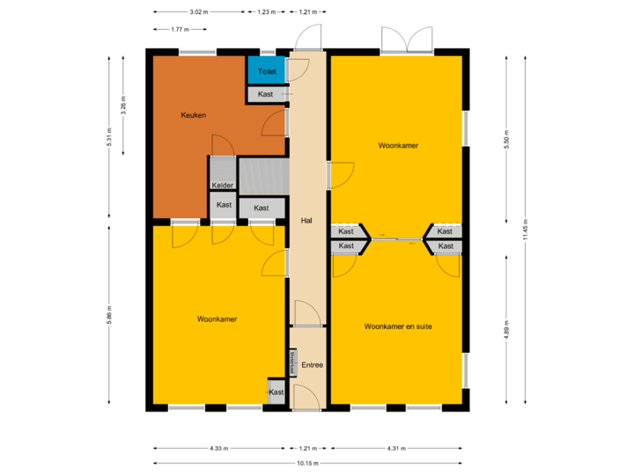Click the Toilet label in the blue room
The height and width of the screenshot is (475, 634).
[x=267, y=71]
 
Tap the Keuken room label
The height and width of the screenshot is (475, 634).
[x=194, y=115]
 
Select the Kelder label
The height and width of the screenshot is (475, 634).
[x=223, y=186]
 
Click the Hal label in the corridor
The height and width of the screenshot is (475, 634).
[x=306, y=220]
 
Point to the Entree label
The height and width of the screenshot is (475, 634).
[x=312, y=365]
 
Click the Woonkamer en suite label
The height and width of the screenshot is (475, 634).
[x=398, y=325]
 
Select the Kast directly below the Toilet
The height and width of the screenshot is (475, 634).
[x=266, y=94]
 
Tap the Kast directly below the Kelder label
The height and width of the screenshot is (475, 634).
[x=224, y=205]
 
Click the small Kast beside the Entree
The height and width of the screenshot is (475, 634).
[x=276, y=392]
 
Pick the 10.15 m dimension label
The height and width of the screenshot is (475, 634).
[x=307, y=463]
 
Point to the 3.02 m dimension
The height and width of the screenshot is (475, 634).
[x=199, y=12]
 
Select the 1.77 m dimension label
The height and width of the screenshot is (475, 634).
[x=181, y=29]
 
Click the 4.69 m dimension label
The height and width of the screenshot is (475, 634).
[x=506, y=330]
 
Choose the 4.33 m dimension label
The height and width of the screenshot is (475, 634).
[x=218, y=448]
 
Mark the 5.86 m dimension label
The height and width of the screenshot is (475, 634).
[x=109, y=315]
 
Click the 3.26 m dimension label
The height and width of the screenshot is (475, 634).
[x=123, y=106]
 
